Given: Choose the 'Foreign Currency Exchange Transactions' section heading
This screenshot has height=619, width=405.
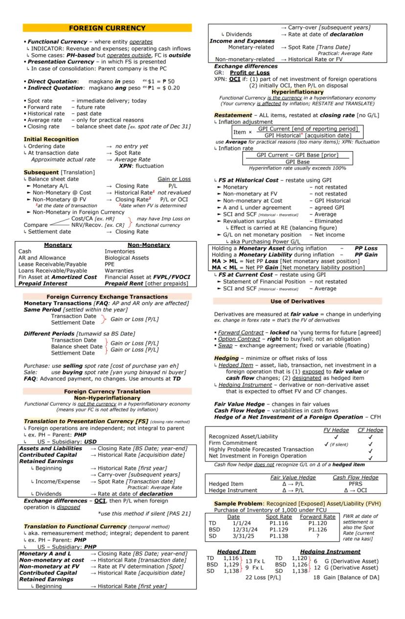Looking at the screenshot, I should [107, 297].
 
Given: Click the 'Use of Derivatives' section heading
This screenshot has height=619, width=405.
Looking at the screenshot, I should [297, 301].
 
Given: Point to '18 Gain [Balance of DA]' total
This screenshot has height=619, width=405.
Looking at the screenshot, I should [347, 577].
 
